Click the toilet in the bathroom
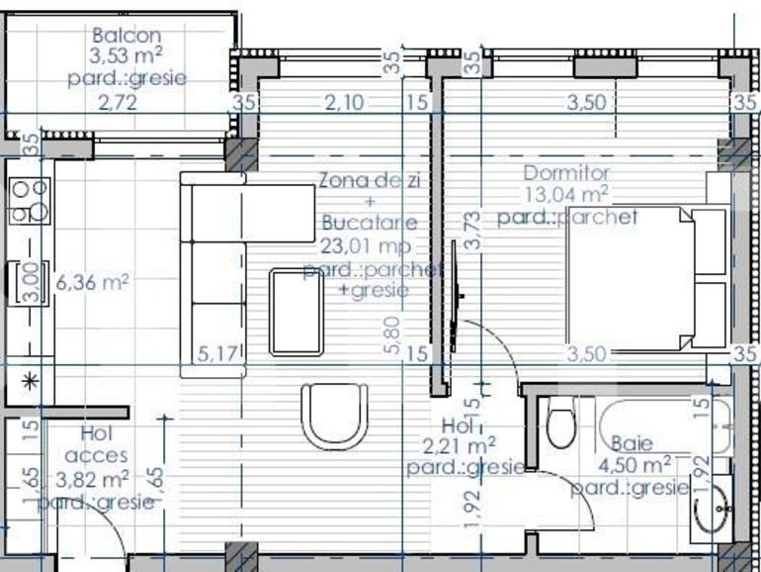point(560,427)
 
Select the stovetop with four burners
point(30,199)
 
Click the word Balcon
point(114,35)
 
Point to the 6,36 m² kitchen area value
point(93,283)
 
